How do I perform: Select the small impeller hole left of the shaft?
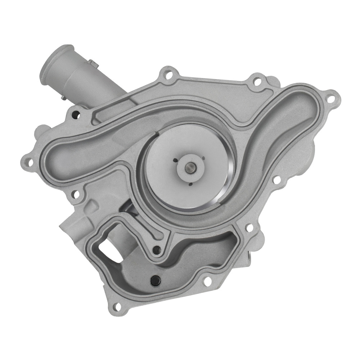pos(175,160)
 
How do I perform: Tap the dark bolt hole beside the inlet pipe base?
pos(75,115)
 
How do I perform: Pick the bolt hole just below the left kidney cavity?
pos(76,194)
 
